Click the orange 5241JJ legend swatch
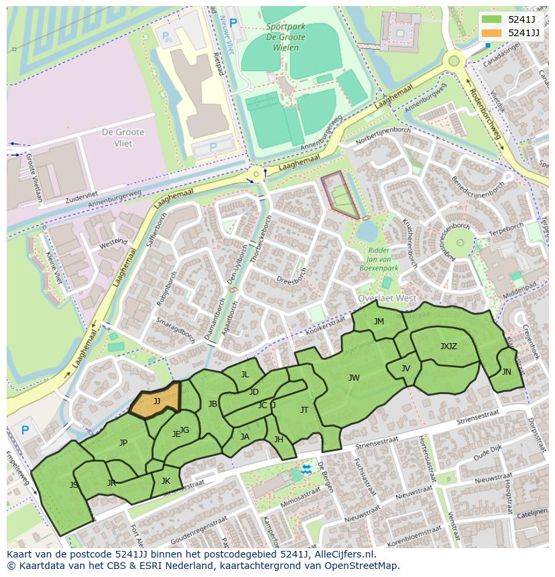pos(491,33)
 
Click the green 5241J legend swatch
pos(491,20)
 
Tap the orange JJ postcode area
pos(156,401)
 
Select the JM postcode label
pos(379,322)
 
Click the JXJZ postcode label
pos(448,346)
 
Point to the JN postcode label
pos(506,372)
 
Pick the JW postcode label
pos(354,378)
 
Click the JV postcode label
pos(406,369)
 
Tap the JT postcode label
pos(304,410)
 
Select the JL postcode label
pos(245,375)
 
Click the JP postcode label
pos(123,443)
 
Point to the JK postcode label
pos(166,480)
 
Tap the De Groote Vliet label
pos(117,138)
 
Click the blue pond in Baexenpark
pos(367,231)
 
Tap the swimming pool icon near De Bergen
pos(306,468)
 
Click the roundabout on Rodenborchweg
pos(454,61)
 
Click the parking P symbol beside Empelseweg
pos(25,430)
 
